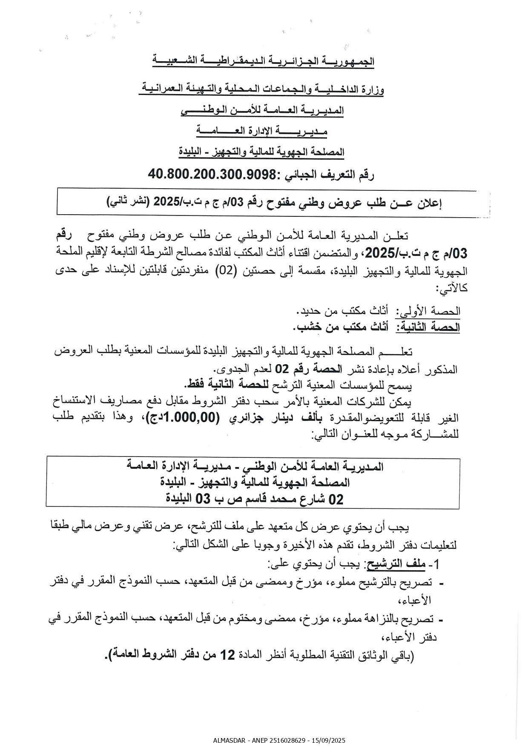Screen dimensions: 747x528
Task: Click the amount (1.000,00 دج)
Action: (184, 418)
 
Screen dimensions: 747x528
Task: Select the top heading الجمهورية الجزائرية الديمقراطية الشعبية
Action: (263, 61)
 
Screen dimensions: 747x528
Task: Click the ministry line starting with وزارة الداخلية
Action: (261, 90)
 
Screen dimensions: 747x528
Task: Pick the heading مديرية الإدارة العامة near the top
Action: (261, 131)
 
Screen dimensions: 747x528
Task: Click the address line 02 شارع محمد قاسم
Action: (254, 499)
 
